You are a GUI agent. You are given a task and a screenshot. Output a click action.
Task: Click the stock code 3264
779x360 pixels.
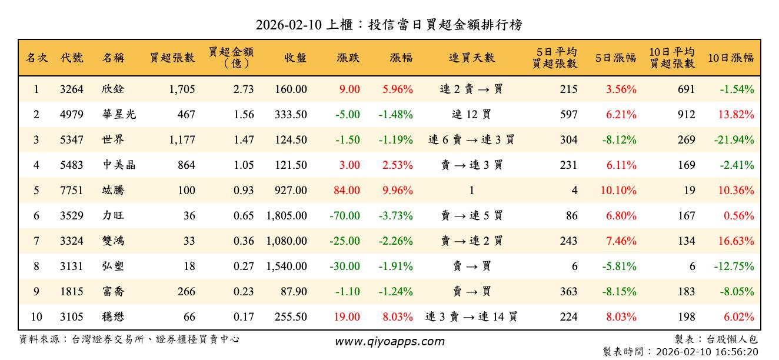coord(72,89)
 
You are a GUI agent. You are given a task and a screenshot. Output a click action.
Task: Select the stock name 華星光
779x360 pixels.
coord(119,115)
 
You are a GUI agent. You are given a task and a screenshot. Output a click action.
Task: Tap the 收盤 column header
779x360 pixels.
coord(295,58)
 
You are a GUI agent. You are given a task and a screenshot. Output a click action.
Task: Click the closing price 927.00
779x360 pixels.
coord(291,191)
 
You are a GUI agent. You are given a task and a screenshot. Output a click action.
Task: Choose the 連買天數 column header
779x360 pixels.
coord(471,58)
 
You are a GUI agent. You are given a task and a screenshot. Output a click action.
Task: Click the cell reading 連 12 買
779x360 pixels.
coord(471,115)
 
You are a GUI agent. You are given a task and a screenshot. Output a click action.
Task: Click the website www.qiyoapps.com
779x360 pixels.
coord(389,341)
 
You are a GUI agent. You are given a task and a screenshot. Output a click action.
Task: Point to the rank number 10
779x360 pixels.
coord(36,317)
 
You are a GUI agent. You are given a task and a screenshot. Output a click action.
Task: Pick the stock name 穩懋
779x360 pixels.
coord(113,317)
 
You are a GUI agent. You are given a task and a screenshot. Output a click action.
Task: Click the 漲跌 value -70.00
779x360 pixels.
coord(344,216)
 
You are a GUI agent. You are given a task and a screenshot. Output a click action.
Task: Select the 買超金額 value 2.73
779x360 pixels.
coord(244,89)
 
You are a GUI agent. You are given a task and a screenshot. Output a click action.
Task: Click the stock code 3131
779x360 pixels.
coord(72,266)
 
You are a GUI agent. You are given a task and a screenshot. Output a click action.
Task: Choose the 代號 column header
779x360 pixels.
coord(72,58)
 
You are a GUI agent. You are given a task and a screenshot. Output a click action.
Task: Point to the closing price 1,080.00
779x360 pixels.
coord(287,241)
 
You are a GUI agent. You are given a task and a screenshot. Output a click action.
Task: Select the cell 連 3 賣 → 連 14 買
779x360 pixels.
coord(471,317)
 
